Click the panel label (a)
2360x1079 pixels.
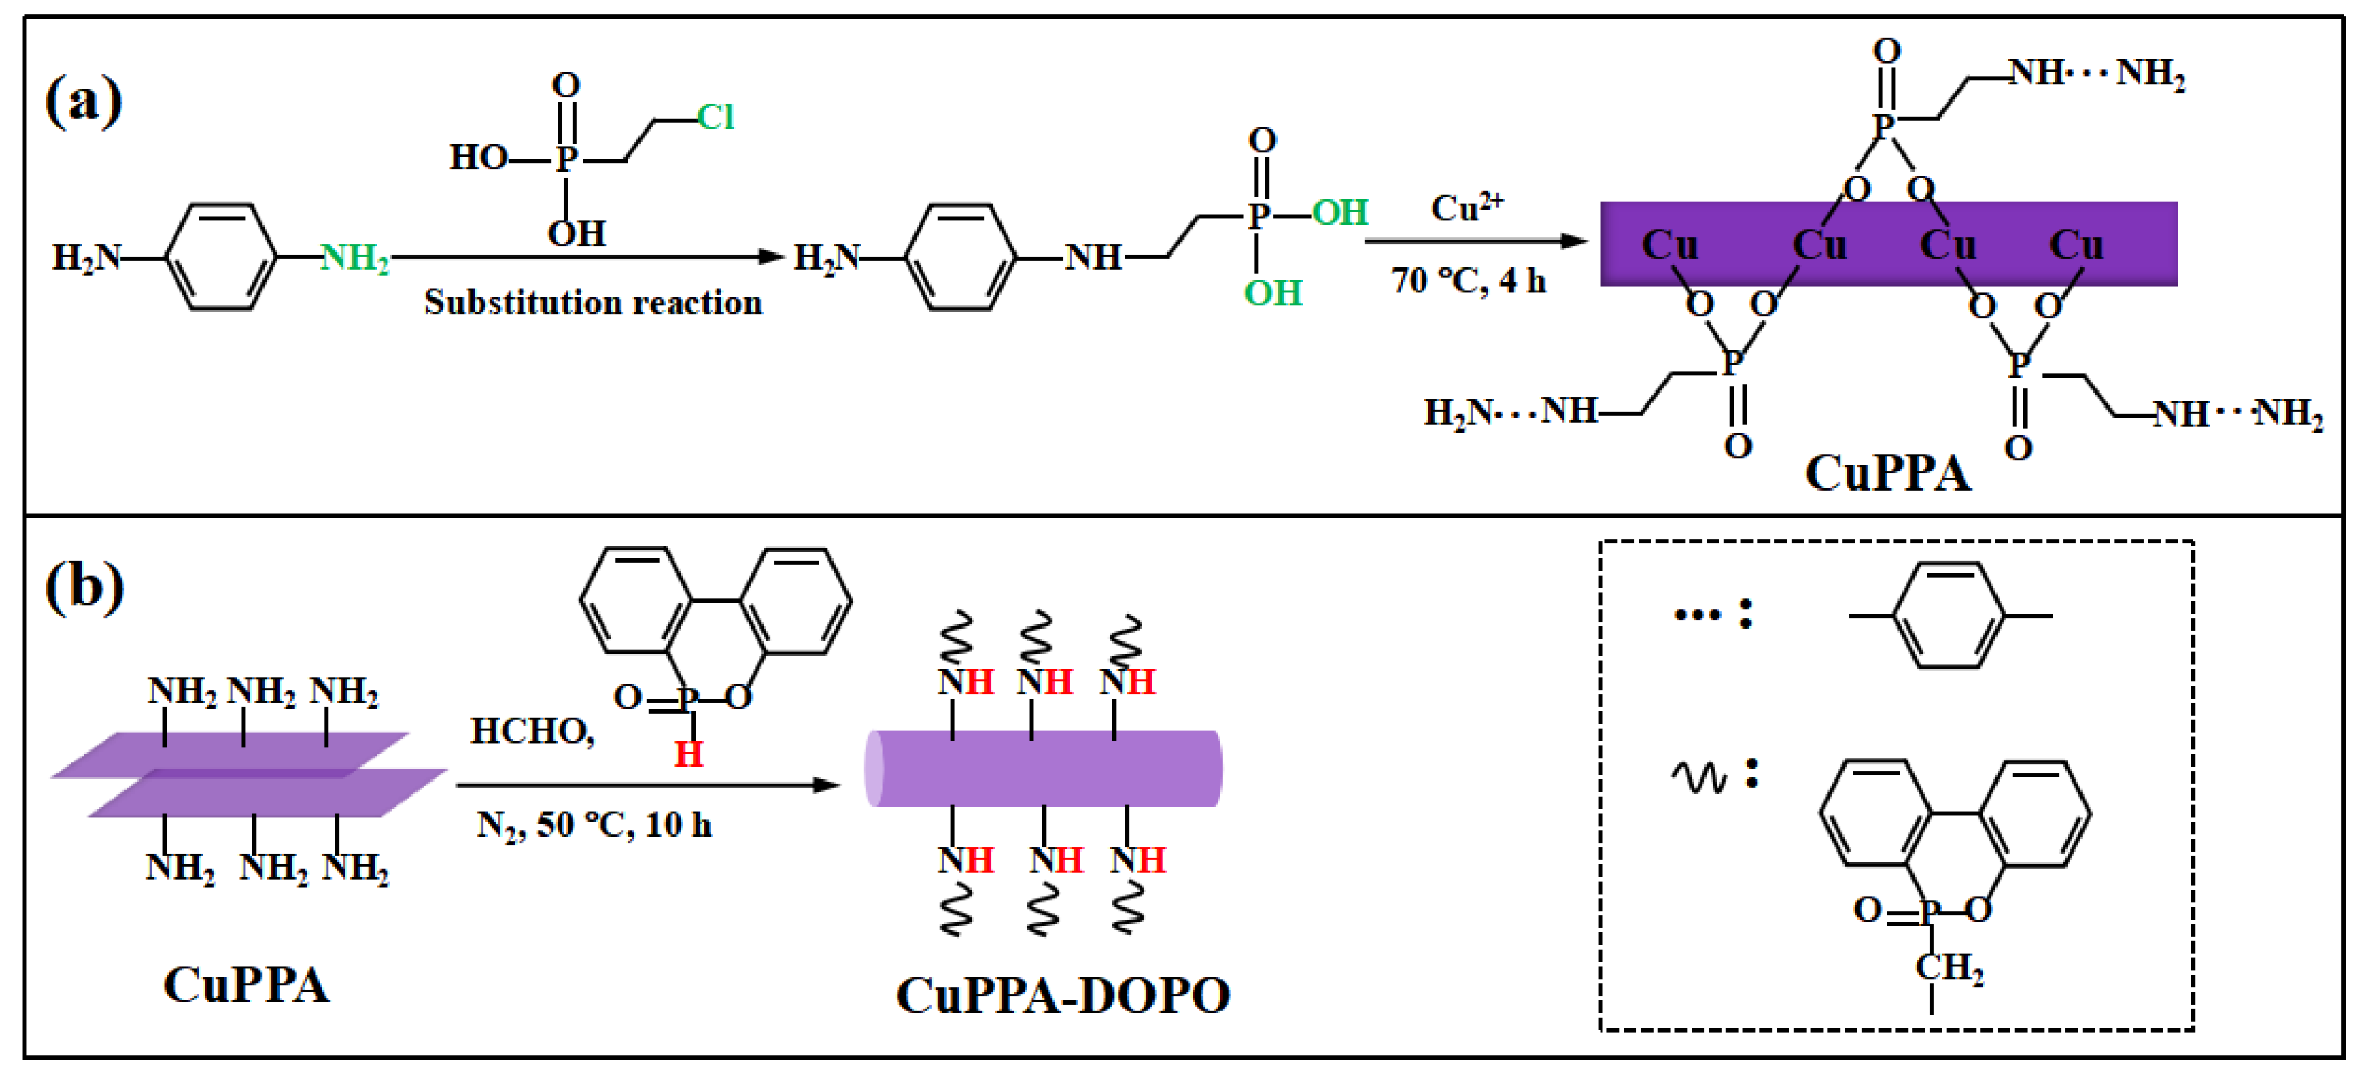pyautogui.click(x=84, y=100)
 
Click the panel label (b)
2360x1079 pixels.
pyautogui.click(x=84, y=586)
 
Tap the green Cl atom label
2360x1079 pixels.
pyautogui.click(x=715, y=117)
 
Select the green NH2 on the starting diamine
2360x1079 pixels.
pyautogui.click(x=355, y=257)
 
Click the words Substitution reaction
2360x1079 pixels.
pyautogui.click(x=593, y=302)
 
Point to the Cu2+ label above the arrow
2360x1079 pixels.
pyautogui.click(x=1466, y=208)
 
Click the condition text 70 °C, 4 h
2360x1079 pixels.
pyautogui.click(x=1468, y=281)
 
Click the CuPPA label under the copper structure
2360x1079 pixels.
pyautogui.click(x=1887, y=473)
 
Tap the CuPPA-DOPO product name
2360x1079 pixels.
pyautogui.click(x=1062, y=995)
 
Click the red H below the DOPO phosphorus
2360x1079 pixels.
pyautogui.click(x=688, y=754)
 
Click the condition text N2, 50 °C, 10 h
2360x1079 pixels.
pyautogui.click(x=593, y=824)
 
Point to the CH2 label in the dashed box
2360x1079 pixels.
pyautogui.click(x=1949, y=967)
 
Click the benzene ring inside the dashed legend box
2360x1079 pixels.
pyautogui.click(x=1949, y=616)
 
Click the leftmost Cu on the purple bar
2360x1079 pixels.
pyautogui.click(x=1669, y=245)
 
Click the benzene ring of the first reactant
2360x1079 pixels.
pyautogui.click(x=221, y=257)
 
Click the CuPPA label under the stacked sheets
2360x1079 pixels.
pyautogui.click(x=245, y=985)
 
